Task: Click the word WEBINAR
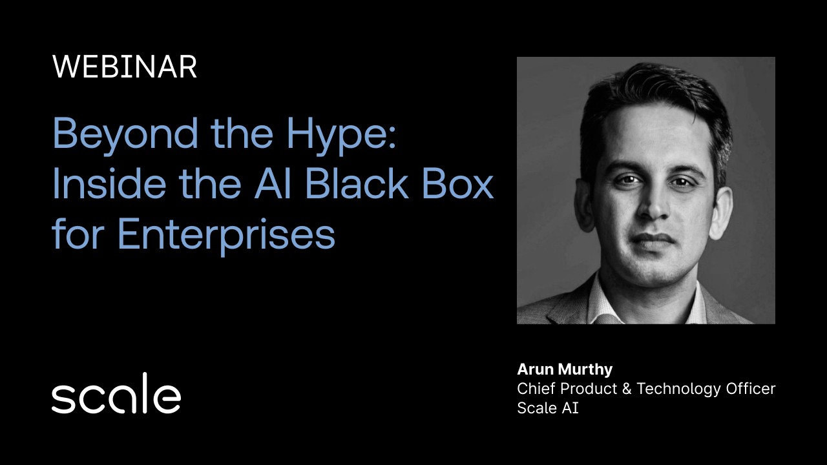point(124,67)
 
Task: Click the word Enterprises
point(226,235)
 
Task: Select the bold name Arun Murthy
point(565,369)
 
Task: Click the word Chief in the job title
point(536,389)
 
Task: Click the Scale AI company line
point(547,408)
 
